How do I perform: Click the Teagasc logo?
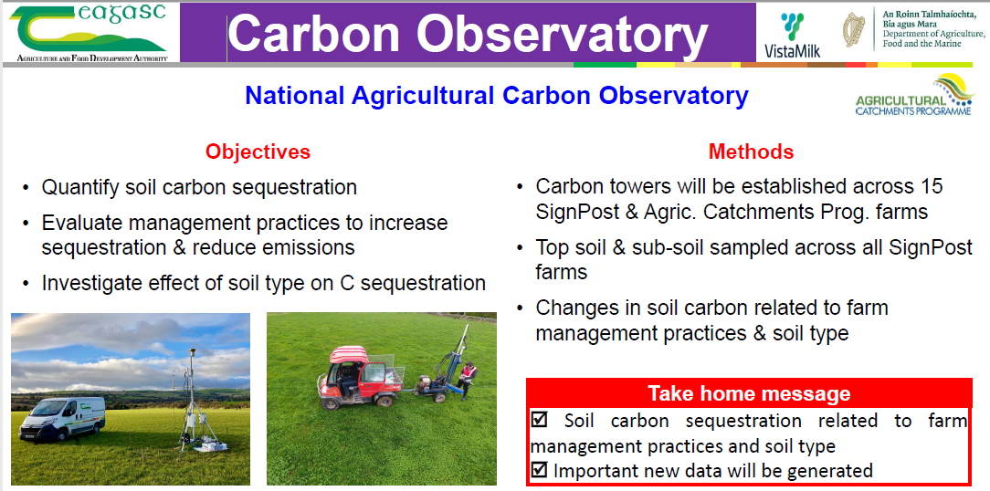[89, 33]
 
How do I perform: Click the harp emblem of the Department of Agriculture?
[854, 29]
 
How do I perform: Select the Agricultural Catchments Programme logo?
[914, 95]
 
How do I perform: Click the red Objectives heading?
[258, 152]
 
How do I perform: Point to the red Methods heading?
[751, 152]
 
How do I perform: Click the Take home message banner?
[749, 394]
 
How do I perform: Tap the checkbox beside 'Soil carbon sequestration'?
[539, 419]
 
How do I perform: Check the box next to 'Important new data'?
[539, 470]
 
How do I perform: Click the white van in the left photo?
[62, 417]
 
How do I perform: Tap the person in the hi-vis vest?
[467, 380]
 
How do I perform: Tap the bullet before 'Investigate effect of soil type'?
[26, 284]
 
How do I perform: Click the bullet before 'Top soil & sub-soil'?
[519, 247]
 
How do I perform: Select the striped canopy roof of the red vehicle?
[349, 354]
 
